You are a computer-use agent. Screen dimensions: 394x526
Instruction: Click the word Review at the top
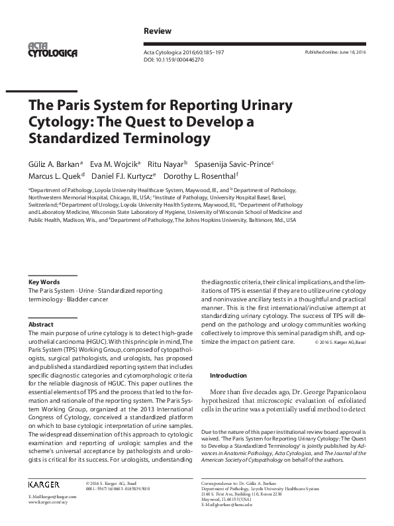coord(158,31)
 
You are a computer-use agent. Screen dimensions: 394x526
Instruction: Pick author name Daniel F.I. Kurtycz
coord(132,178)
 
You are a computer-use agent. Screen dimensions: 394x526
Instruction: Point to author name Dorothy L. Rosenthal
coord(205,178)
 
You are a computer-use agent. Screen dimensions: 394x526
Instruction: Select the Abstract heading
coord(40,325)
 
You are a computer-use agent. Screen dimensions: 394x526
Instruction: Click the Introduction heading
coord(228,375)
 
